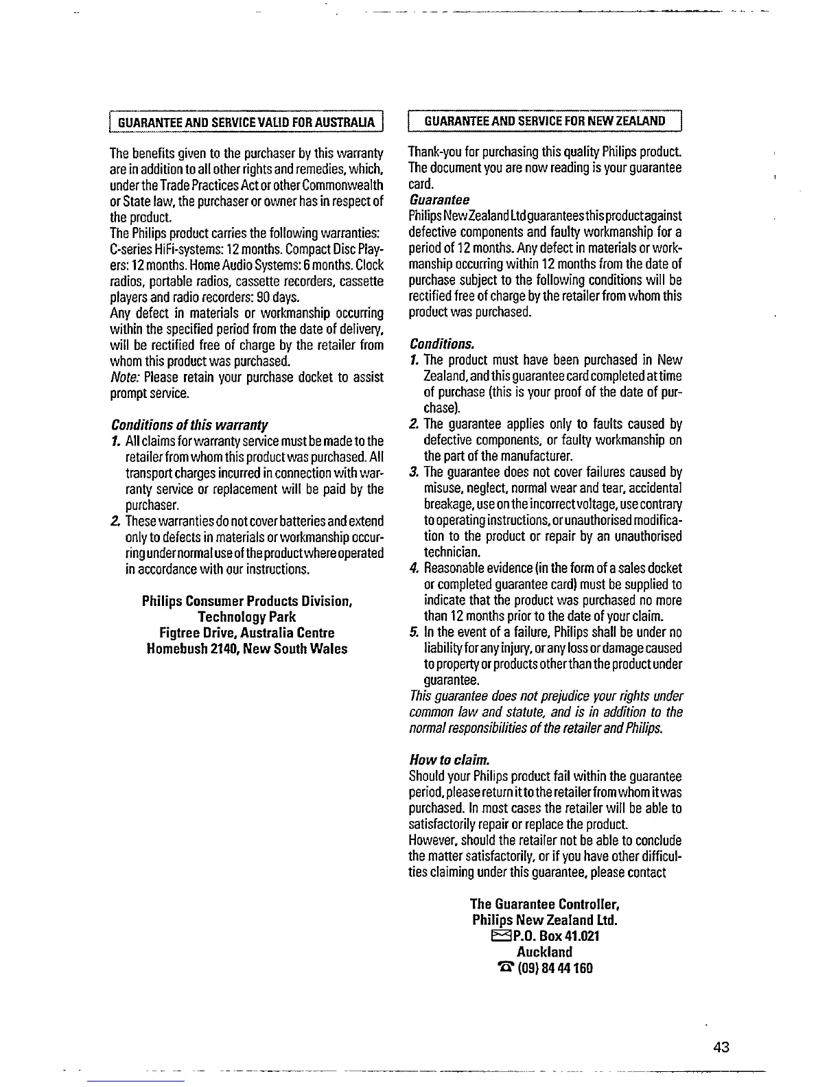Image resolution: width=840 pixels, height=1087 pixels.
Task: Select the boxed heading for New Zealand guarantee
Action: (x=545, y=121)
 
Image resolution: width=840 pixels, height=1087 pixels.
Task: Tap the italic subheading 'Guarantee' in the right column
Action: (x=439, y=200)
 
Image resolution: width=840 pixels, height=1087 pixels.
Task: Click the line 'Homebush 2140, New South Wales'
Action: (x=247, y=648)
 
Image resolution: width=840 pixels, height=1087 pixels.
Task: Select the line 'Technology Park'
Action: (x=247, y=617)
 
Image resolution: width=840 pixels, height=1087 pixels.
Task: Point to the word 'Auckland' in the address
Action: (x=544, y=952)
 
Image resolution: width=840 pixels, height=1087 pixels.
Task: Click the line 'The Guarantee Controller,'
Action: (x=545, y=904)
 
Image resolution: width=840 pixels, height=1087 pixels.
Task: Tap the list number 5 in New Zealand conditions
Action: (x=414, y=632)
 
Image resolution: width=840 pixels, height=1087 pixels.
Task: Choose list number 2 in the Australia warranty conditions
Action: (x=115, y=521)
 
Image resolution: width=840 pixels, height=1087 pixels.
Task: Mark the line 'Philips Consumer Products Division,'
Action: (x=247, y=601)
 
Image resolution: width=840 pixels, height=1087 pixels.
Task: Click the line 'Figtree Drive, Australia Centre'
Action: (x=247, y=633)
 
